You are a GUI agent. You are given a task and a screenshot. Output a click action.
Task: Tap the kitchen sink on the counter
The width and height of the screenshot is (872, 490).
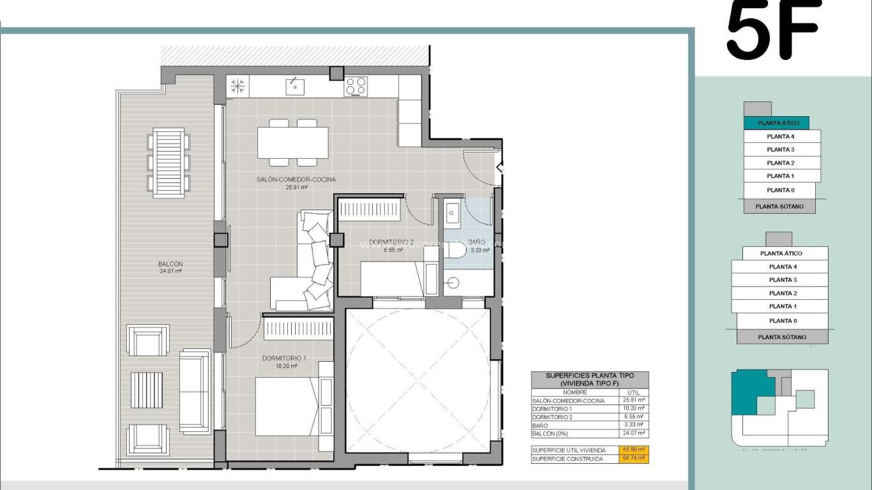(x=294, y=86)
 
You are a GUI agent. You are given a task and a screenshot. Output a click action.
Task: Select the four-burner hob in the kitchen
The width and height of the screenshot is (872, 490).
(x=356, y=86)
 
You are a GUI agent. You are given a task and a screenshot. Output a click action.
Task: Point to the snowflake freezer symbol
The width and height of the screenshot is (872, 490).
(x=237, y=86)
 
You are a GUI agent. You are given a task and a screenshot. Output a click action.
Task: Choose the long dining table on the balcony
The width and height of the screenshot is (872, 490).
(x=169, y=160)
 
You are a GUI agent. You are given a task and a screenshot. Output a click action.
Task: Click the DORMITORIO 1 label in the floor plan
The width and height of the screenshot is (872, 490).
(x=284, y=358)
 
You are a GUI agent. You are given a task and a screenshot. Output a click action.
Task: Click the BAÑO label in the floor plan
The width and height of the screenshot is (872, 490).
(x=476, y=242)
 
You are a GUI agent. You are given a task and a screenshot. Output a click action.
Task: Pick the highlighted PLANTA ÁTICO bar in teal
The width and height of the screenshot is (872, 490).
(x=776, y=122)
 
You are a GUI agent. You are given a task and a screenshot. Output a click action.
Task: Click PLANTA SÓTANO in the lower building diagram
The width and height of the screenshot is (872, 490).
(x=782, y=337)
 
